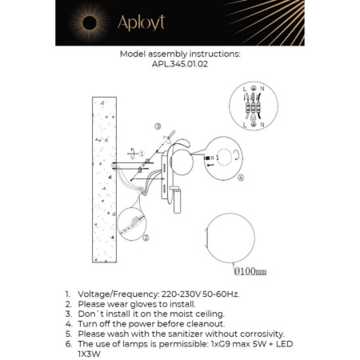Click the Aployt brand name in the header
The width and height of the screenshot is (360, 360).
tap(141, 23)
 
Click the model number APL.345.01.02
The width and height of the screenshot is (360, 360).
tap(179, 66)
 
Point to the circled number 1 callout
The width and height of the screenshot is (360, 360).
tap(142, 151)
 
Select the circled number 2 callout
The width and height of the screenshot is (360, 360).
tap(146, 236)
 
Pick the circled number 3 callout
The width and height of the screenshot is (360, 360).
tap(158, 126)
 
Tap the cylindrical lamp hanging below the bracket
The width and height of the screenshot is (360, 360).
tap(179, 199)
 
